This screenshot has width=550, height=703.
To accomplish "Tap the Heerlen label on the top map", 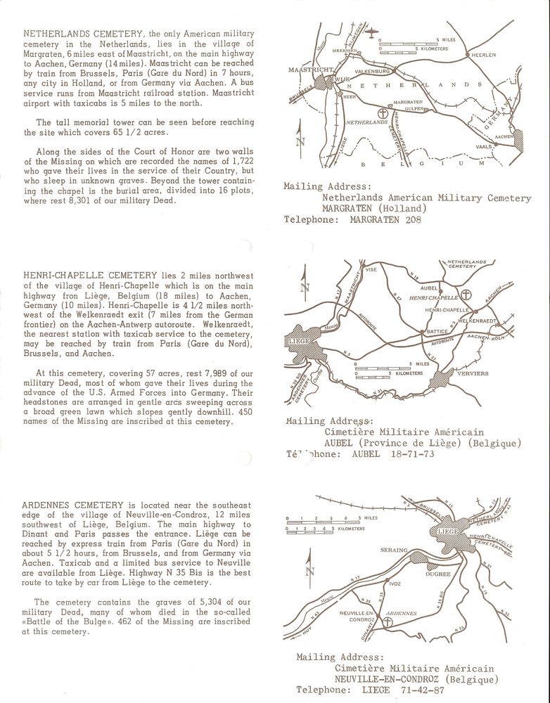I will [x=483, y=55].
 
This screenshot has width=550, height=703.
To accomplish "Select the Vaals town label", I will [x=484, y=147].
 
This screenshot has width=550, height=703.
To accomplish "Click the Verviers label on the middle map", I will [x=472, y=373].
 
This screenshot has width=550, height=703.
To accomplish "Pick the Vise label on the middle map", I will [x=371, y=269].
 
